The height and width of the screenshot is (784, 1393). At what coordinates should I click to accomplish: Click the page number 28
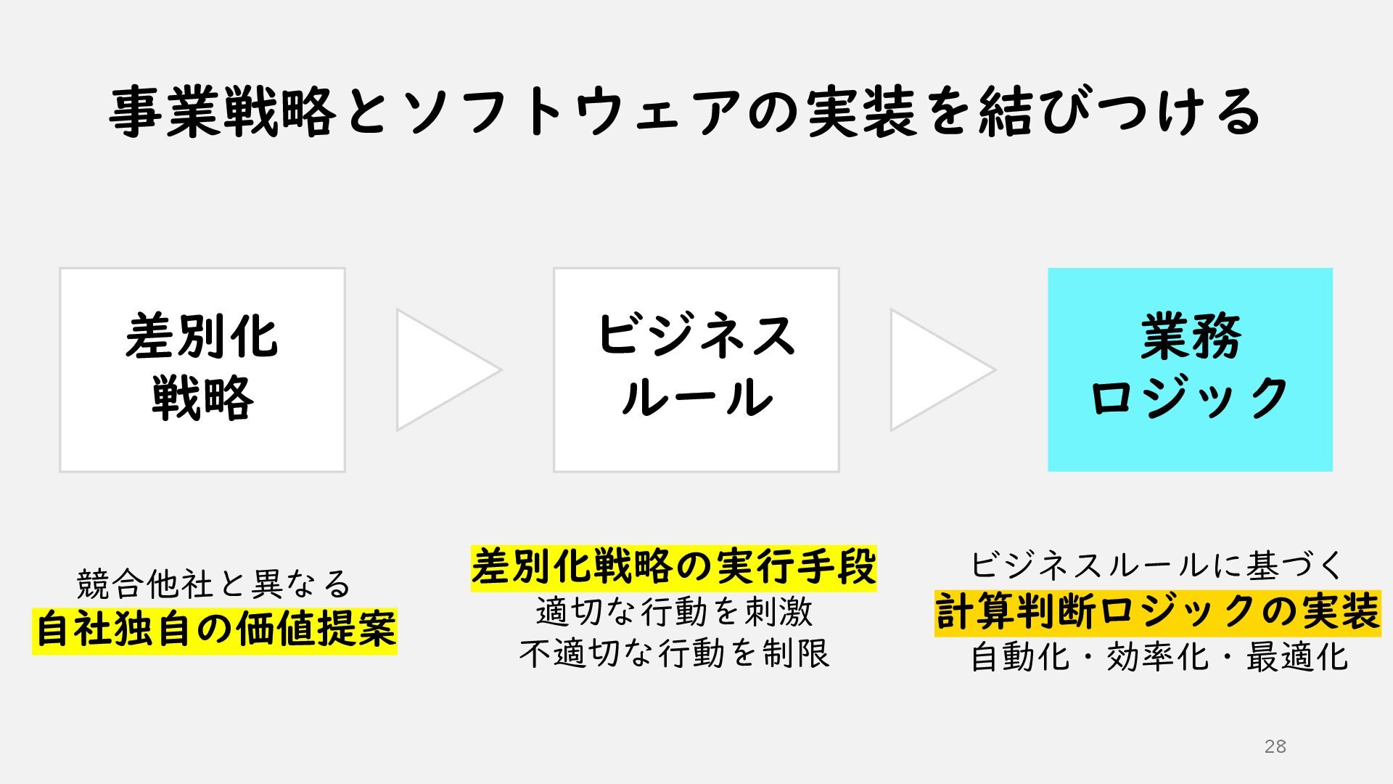[1275, 746]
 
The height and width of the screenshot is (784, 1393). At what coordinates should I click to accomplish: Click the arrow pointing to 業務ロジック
[937, 369]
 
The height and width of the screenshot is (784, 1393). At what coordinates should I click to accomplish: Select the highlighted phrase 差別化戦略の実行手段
[673, 567]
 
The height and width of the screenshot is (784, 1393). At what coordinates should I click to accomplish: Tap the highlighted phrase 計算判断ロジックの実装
[1157, 612]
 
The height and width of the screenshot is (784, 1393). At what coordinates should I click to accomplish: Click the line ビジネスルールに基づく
[1157, 565]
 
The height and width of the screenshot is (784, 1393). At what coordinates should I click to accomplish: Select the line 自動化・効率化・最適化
[1159, 658]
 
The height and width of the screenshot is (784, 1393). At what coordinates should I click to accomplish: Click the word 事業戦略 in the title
[223, 113]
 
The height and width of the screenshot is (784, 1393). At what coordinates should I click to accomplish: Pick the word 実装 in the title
[861, 113]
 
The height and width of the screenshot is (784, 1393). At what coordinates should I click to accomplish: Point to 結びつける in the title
[1119, 113]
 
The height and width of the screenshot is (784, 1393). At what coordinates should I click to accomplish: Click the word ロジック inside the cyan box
[1190, 398]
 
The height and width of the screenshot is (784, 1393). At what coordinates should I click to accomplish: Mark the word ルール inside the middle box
[696, 398]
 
